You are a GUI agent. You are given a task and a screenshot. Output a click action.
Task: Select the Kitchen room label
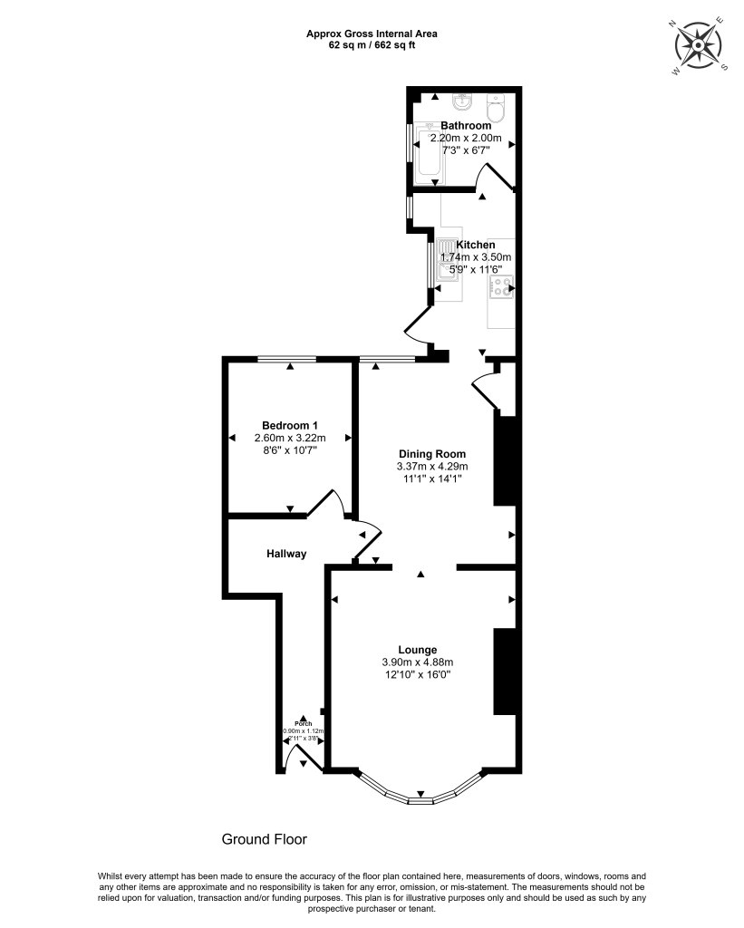[x=475, y=245]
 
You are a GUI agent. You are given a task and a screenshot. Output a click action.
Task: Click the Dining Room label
[x=432, y=454]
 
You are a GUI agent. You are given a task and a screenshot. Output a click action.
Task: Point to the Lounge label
[x=417, y=650]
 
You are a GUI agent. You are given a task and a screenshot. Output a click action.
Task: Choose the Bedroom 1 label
[x=289, y=426]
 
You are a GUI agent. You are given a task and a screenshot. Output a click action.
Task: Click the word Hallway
[x=286, y=554]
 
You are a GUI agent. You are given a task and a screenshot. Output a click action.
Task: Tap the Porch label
[x=304, y=723]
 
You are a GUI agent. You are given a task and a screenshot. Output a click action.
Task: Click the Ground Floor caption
[x=265, y=839]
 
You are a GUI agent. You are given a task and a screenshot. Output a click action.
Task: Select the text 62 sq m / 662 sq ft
[x=372, y=44]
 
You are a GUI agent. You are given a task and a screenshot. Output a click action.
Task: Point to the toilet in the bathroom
[x=496, y=110]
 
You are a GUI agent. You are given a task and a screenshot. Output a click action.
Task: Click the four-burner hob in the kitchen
[x=500, y=289]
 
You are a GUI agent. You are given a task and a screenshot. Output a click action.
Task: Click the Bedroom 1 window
[x=287, y=360]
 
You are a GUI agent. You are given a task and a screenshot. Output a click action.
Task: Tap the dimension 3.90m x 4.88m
[x=417, y=662]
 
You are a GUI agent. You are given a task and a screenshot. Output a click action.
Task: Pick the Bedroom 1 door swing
[x=326, y=502]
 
